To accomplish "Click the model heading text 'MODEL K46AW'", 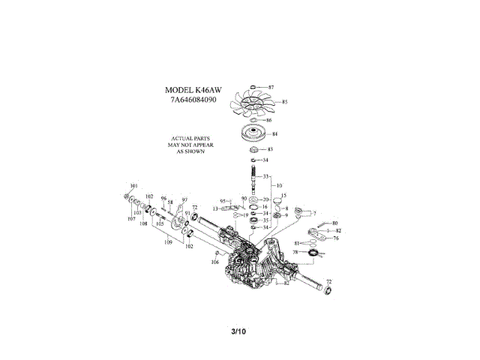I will [191, 89].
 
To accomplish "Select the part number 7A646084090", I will [191, 99].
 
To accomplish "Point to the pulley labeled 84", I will [254, 135].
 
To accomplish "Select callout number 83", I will [270, 150].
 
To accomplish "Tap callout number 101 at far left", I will [134, 185].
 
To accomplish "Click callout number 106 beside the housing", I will [214, 262].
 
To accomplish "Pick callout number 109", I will [169, 241].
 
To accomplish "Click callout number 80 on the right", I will [335, 223].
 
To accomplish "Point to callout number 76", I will [336, 238].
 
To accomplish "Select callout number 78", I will [295, 253].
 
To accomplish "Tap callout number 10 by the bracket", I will [279, 185].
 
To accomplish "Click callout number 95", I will [223, 201].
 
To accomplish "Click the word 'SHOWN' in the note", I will [190, 151].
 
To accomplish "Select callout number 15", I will [283, 196].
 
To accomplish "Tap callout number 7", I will [314, 213].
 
